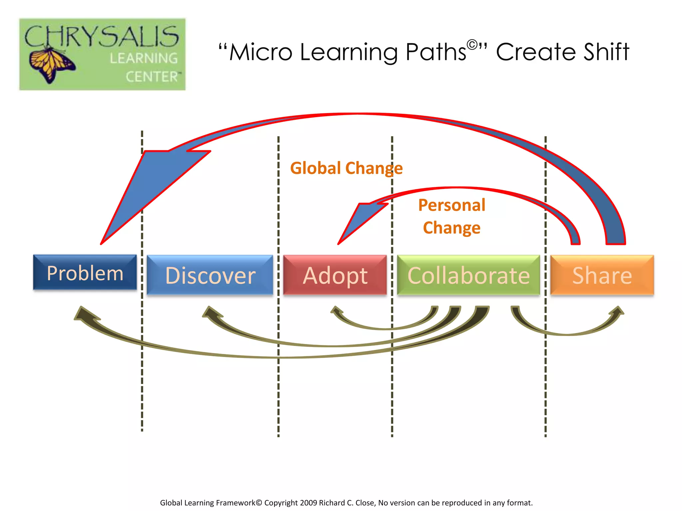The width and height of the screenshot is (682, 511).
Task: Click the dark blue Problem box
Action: pyautogui.click(x=85, y=272)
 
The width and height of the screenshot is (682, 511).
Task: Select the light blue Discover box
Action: pyautogui.click(x=210, y=275)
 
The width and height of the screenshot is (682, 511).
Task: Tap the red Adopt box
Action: pyautogui.click(x=335, y=275)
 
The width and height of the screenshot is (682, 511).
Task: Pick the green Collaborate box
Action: pyautogui.click(x=468, y=275)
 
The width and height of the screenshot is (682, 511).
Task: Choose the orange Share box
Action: pyautogui.click(x=602, y=275)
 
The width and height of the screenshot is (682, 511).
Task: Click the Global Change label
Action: pyautogui.click(x=346, y=168)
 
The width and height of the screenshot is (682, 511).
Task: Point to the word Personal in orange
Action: pyautogui.click(x=452, y=205)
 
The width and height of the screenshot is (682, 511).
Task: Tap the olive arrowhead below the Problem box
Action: pyautogui.click(x=83, y=314)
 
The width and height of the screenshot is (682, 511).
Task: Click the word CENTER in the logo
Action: pyautogui.click(x=152, y=77)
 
